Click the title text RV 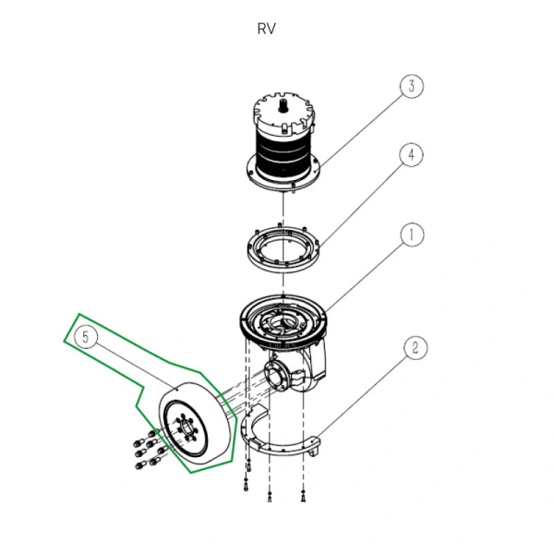tap(266, 28)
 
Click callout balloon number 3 tap(412, 87)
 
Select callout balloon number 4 tap(412, 154)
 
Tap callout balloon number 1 tap(412, 235)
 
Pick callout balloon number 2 tap(415, 347)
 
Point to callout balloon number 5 tap(86, 338)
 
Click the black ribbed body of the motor tap(284, 152)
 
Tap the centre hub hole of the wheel tap(182, 428)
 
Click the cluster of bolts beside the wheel tap(146, 451)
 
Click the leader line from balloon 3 tap(360, 125)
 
